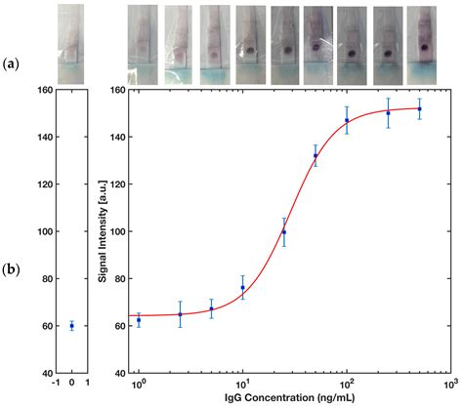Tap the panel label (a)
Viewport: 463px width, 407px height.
(12, 63)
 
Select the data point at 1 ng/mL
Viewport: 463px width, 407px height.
(139, 320)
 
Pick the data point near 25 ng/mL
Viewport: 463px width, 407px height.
(284, 232)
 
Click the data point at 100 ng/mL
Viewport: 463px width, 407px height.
(347, 121)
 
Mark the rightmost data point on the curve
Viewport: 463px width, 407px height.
(420, 108)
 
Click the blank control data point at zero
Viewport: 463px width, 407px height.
(71, 326)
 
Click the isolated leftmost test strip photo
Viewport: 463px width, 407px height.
(71, 44)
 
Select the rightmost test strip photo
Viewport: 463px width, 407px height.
(421, 44)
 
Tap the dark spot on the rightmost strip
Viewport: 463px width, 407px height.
(423, 48)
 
